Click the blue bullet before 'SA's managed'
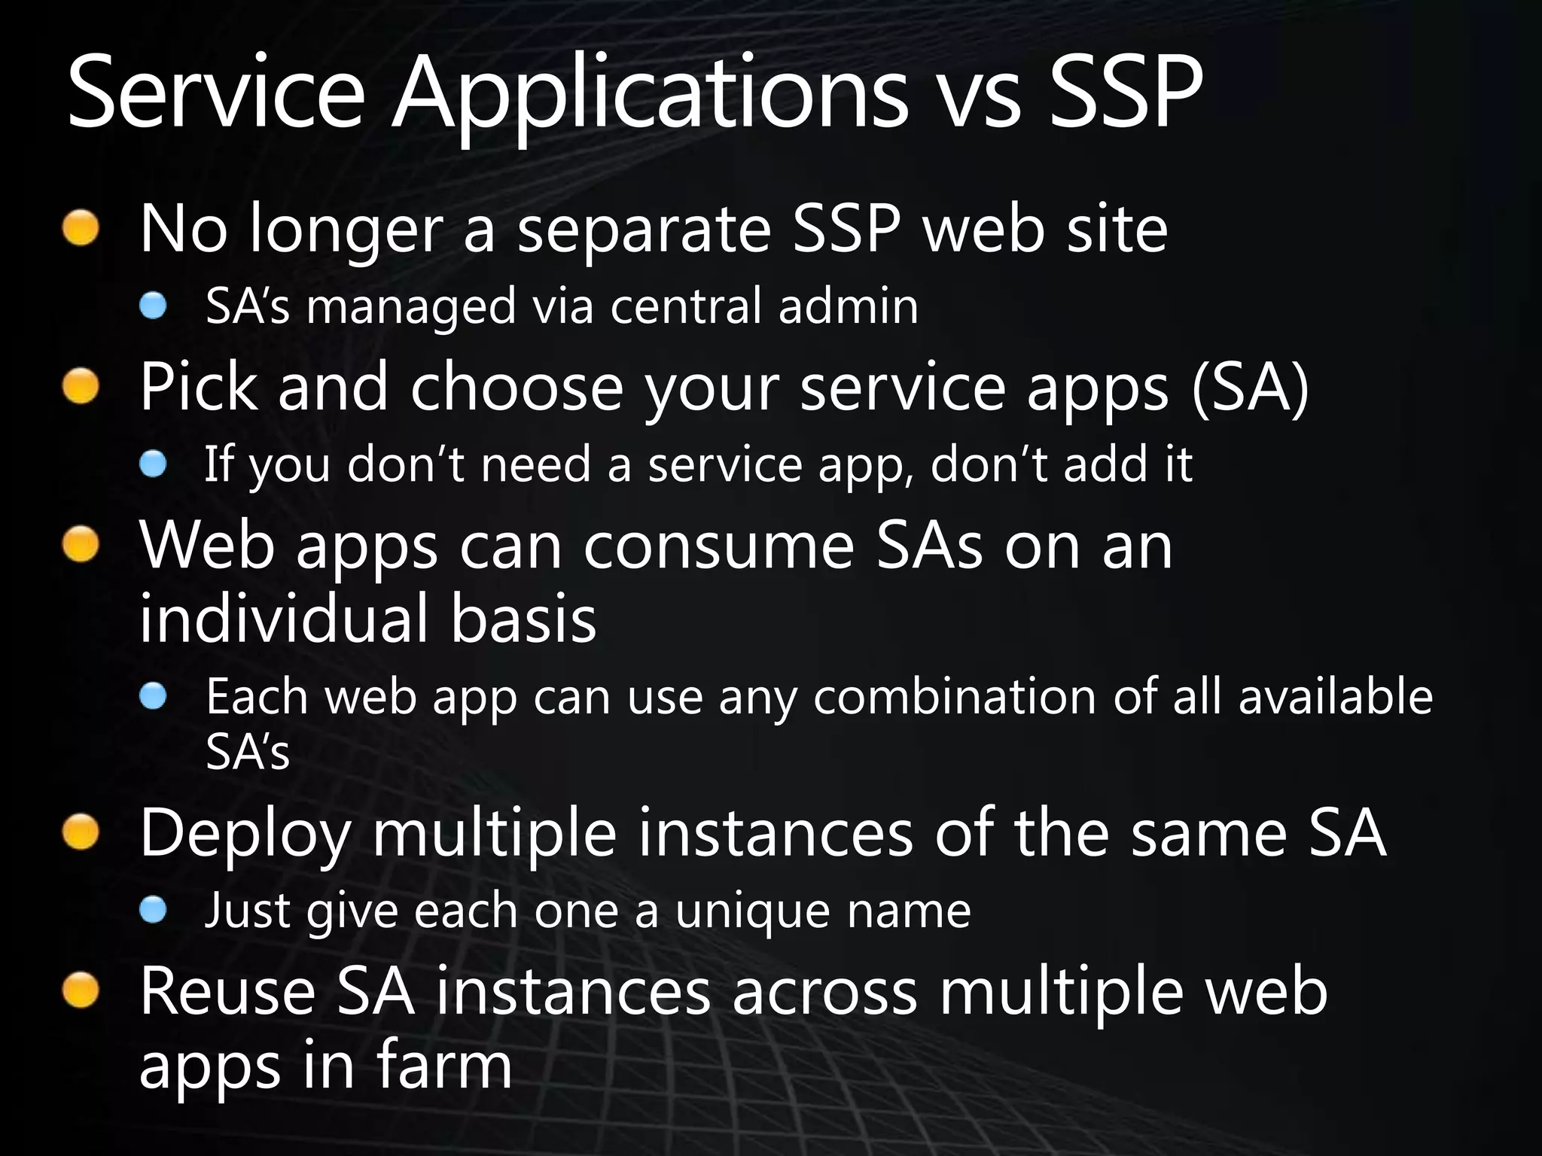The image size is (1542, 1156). pyautogui.click(x=153, y=306)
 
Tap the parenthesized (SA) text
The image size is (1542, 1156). pyautogui.click(x=1250, y=388)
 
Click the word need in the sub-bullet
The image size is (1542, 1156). pyautogui.click(x=535, y=464)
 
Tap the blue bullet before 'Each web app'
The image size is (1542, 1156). pyautogui.click(x=153, y=696)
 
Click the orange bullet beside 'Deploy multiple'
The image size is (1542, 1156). pyautogui.click(x=81, y=833)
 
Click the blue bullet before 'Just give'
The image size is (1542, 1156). pyautogui.click(x=153, y=911)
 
